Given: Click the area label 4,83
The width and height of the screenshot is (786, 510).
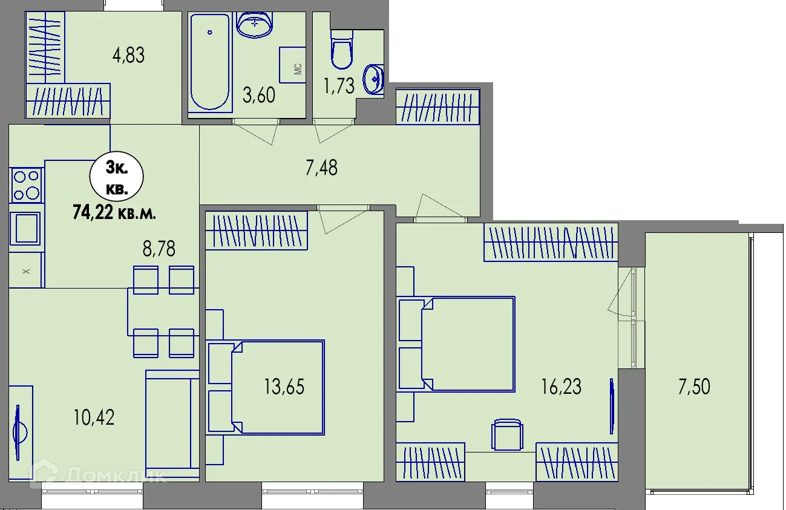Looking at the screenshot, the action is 128,56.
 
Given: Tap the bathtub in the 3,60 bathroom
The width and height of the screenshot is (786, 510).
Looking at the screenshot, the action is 210,62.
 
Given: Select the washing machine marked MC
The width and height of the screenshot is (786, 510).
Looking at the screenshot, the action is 292,65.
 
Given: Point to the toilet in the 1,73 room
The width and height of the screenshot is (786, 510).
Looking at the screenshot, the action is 341,49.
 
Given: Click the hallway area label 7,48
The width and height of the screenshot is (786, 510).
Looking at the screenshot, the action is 321,168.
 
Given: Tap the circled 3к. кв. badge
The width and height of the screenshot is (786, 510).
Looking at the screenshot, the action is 117,177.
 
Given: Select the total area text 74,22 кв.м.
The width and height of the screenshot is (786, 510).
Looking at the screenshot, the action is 114,212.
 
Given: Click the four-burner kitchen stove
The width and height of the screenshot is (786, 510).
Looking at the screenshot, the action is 27,185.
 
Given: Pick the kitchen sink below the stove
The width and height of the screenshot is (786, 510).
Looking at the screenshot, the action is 25,228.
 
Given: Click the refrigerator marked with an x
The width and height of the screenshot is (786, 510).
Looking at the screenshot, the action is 26,270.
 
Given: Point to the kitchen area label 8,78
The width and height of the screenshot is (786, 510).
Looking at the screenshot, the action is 159,249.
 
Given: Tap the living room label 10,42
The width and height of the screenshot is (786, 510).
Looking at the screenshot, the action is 94,418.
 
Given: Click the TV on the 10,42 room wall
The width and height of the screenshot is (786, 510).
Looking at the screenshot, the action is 19,433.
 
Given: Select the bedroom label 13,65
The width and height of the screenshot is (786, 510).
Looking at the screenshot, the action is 284,387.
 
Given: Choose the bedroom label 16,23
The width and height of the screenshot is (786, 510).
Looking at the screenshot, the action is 562,387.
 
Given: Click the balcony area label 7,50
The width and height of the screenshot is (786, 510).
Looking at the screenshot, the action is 694,387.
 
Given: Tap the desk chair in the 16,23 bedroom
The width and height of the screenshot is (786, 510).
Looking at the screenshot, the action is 508,434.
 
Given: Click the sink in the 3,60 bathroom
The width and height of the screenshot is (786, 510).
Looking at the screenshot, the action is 254,25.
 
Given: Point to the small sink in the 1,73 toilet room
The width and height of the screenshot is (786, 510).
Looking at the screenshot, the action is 373,79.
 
